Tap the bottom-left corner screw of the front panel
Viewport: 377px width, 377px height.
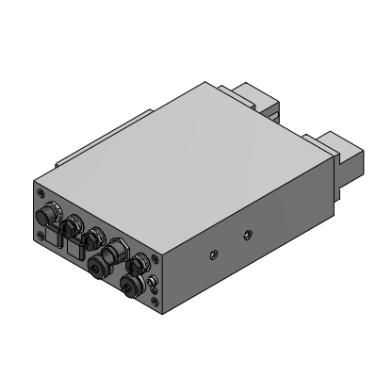[40, 236]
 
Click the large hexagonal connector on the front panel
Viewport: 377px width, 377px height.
[118, 253]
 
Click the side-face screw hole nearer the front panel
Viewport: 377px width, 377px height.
[213, 252]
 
